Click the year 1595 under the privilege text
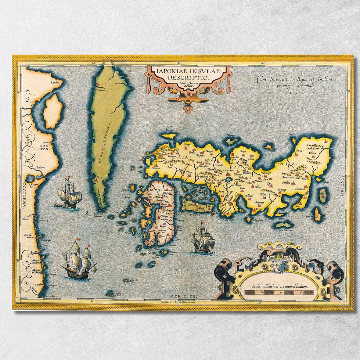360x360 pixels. [x=297, y=93]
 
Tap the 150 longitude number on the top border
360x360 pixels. [x=179, y=62]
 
